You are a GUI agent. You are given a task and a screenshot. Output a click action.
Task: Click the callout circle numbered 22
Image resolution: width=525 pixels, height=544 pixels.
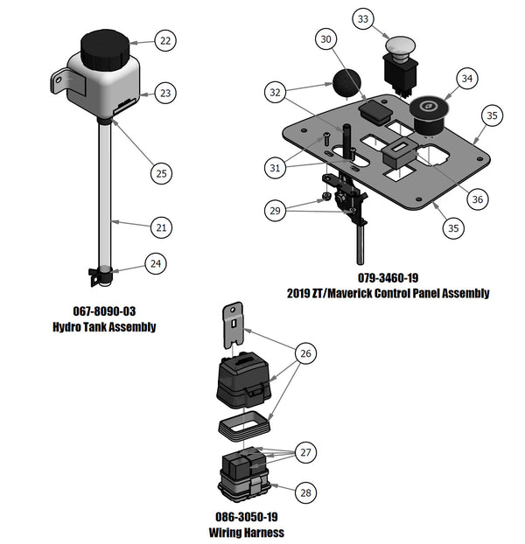coord(165,39)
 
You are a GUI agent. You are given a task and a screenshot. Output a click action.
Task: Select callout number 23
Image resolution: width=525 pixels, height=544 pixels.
coord(165,92)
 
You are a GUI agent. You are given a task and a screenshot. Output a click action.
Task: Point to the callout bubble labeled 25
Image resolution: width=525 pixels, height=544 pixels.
coord(162,174)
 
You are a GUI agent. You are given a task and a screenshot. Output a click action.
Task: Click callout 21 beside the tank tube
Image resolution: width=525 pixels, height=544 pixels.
coord(160,227)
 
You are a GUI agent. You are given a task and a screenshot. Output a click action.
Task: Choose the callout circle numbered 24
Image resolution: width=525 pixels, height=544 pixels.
coord(155,262)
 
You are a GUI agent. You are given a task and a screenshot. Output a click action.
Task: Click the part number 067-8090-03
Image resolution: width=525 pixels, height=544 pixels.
coord(104,311)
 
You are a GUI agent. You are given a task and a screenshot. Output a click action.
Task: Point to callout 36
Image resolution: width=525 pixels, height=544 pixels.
coord(477,199)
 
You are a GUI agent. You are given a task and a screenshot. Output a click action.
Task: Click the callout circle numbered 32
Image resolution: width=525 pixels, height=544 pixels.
coord(276,92)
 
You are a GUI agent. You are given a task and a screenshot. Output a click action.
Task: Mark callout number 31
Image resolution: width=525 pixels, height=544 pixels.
coord(276,166)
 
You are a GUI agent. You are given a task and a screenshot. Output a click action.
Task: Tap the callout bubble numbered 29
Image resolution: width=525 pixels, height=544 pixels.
coord(276,210)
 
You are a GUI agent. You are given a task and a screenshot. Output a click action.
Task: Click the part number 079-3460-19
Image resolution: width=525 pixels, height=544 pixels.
coord(388,277)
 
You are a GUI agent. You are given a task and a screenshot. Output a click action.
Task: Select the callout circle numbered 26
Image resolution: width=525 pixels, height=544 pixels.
coord(306,353)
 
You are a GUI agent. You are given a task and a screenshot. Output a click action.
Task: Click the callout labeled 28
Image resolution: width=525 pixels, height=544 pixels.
coord(306,493)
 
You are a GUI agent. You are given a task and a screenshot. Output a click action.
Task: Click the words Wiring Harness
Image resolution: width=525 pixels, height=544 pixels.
coord(246,532)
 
